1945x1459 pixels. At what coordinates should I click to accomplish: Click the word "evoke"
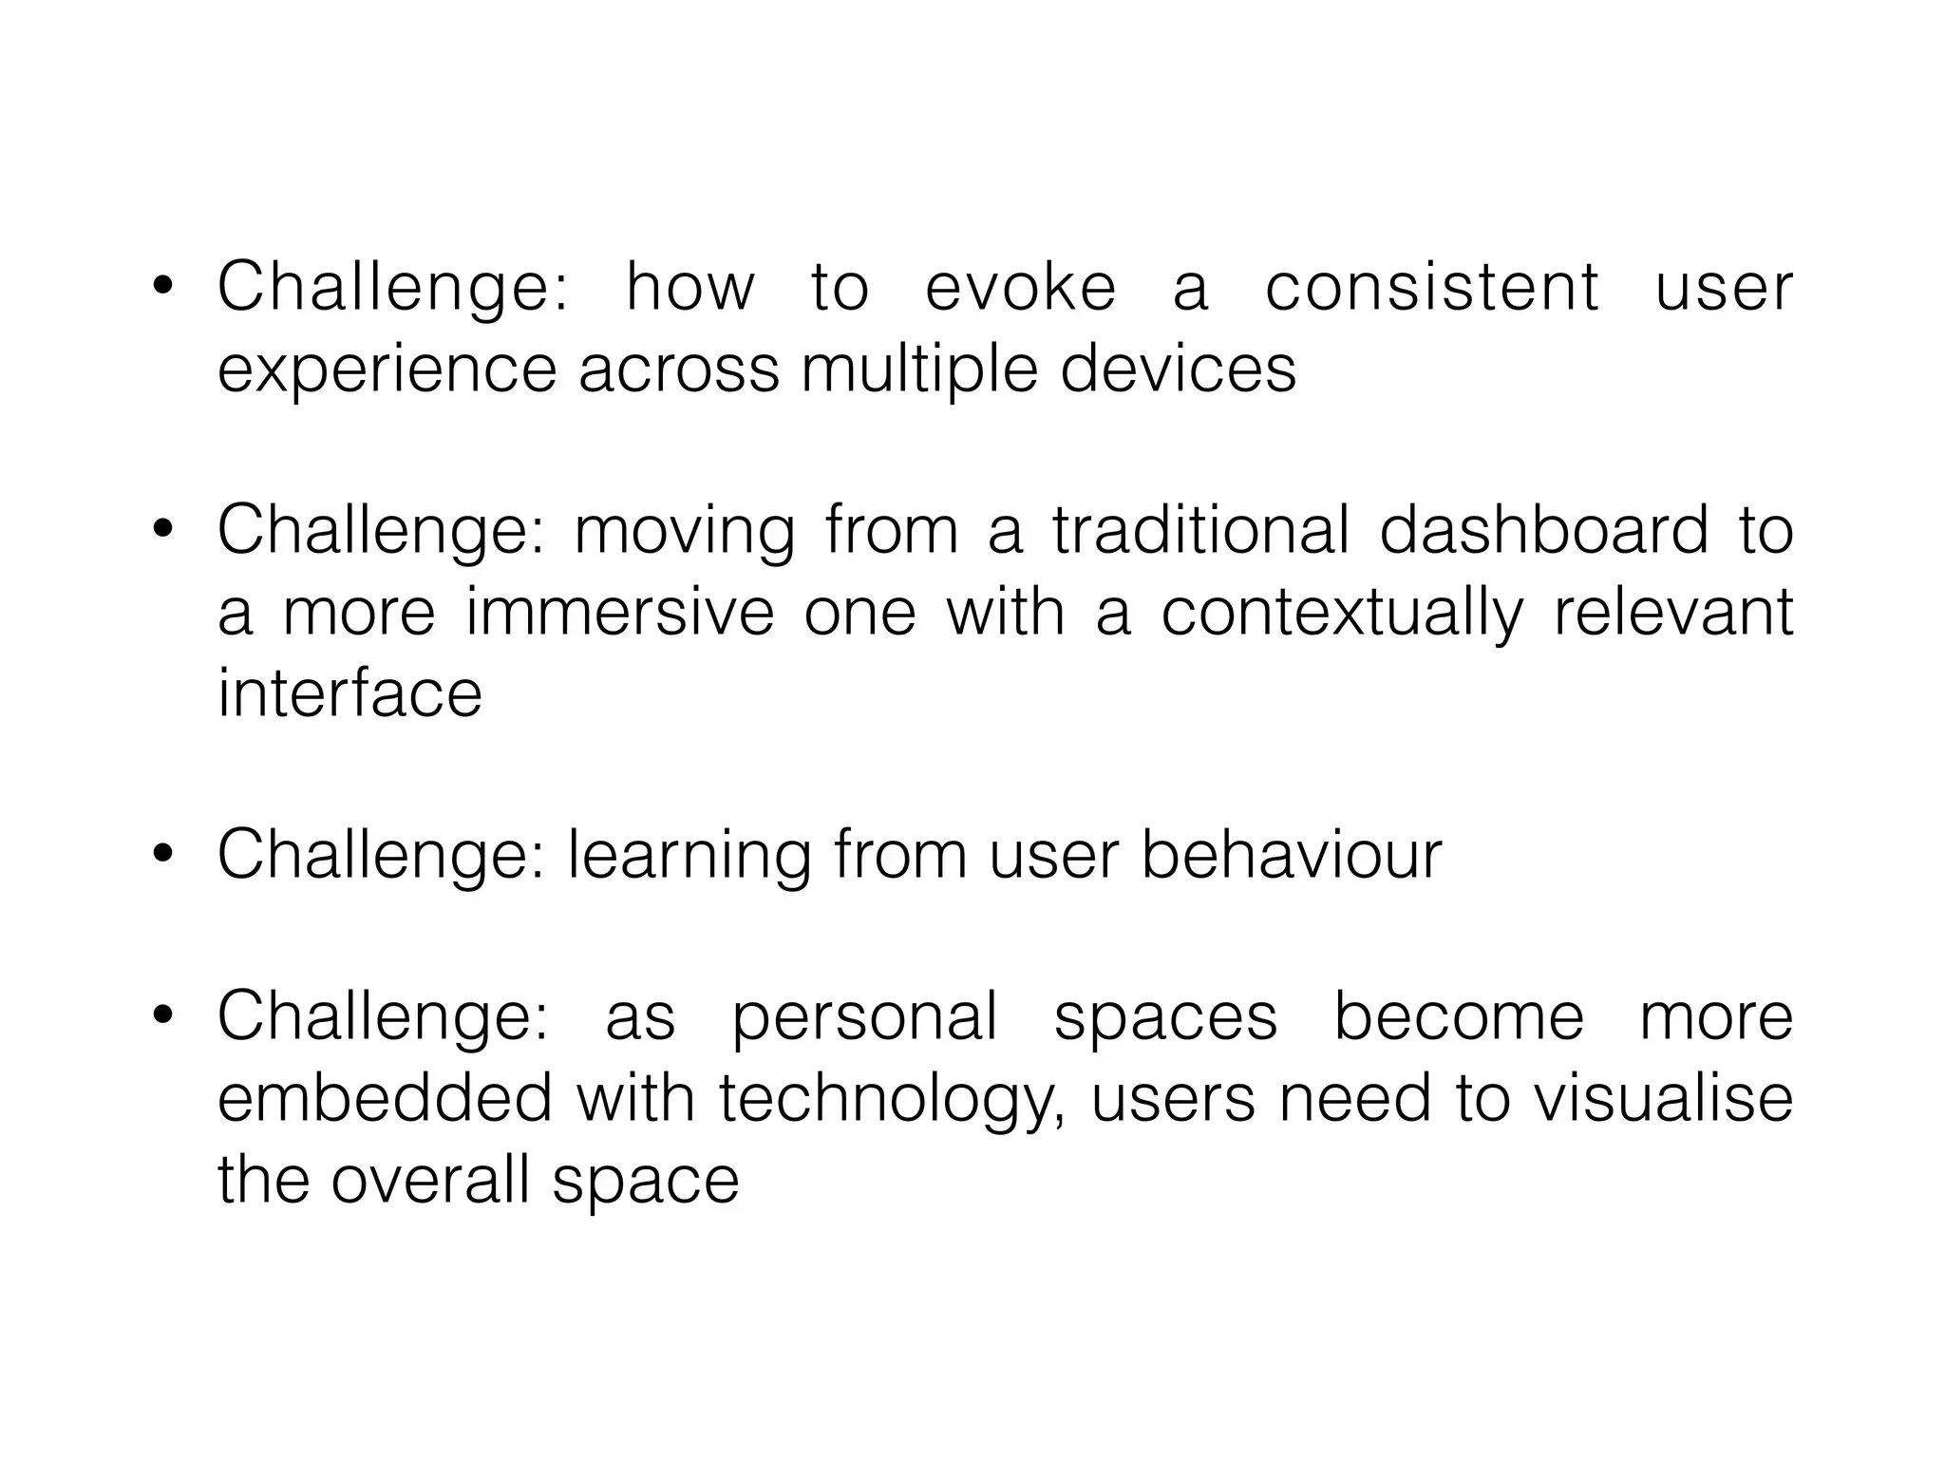(x=1020, y=287)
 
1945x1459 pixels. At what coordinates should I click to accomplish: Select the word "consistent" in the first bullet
(x=1432, y=287)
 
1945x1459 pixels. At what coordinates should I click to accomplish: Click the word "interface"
(x=349, y=692)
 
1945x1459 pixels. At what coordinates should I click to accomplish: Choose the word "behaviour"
(x=1291, y=854)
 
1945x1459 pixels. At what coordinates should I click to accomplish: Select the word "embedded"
(x=385, y=1098)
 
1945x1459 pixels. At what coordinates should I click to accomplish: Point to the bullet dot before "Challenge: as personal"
(x=162, y=1015)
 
